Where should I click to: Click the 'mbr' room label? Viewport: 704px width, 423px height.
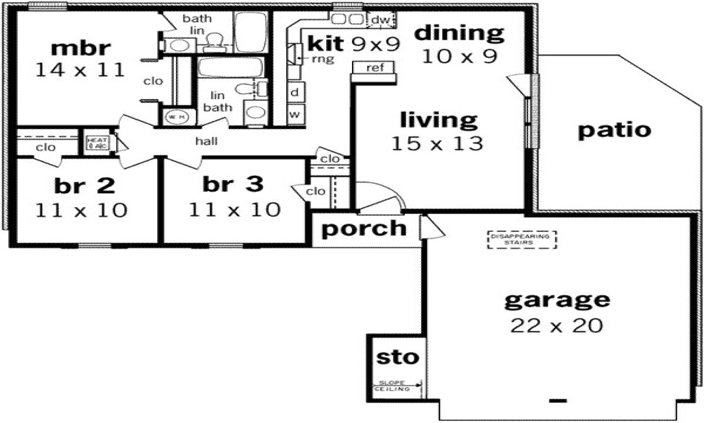pos(80,48)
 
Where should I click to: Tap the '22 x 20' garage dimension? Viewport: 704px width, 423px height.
pos(556,326)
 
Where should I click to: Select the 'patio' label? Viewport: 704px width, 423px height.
pos(614,131)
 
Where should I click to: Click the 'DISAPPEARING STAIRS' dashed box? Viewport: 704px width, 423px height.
pos(521,240)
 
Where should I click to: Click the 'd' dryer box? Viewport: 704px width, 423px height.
pos(295,93)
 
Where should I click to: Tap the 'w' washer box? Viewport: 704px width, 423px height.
pos(295,115)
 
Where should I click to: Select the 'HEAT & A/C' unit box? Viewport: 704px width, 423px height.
pos(97,143)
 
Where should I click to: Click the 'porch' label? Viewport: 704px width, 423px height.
pos(364,229)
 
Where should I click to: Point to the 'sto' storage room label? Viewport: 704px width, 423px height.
pos(397,358)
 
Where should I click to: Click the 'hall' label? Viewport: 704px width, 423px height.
pos(206,142)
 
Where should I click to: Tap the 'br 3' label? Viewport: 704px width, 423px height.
pos(233,185)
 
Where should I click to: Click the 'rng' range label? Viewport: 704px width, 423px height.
pos(323,58)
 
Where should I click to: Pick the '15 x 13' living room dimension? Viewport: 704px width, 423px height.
pos(437,144)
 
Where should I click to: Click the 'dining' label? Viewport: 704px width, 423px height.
pos(459,33)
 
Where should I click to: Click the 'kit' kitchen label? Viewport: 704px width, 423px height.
pos(326,42)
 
